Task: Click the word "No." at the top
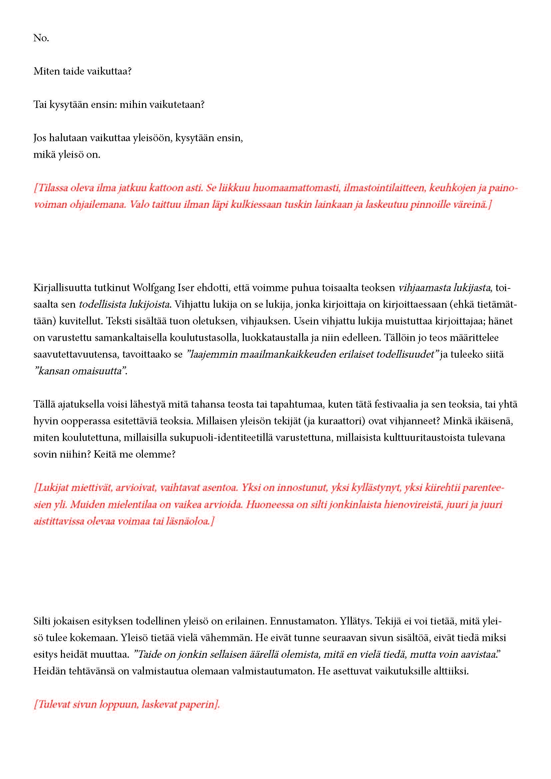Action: click(41, 38)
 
